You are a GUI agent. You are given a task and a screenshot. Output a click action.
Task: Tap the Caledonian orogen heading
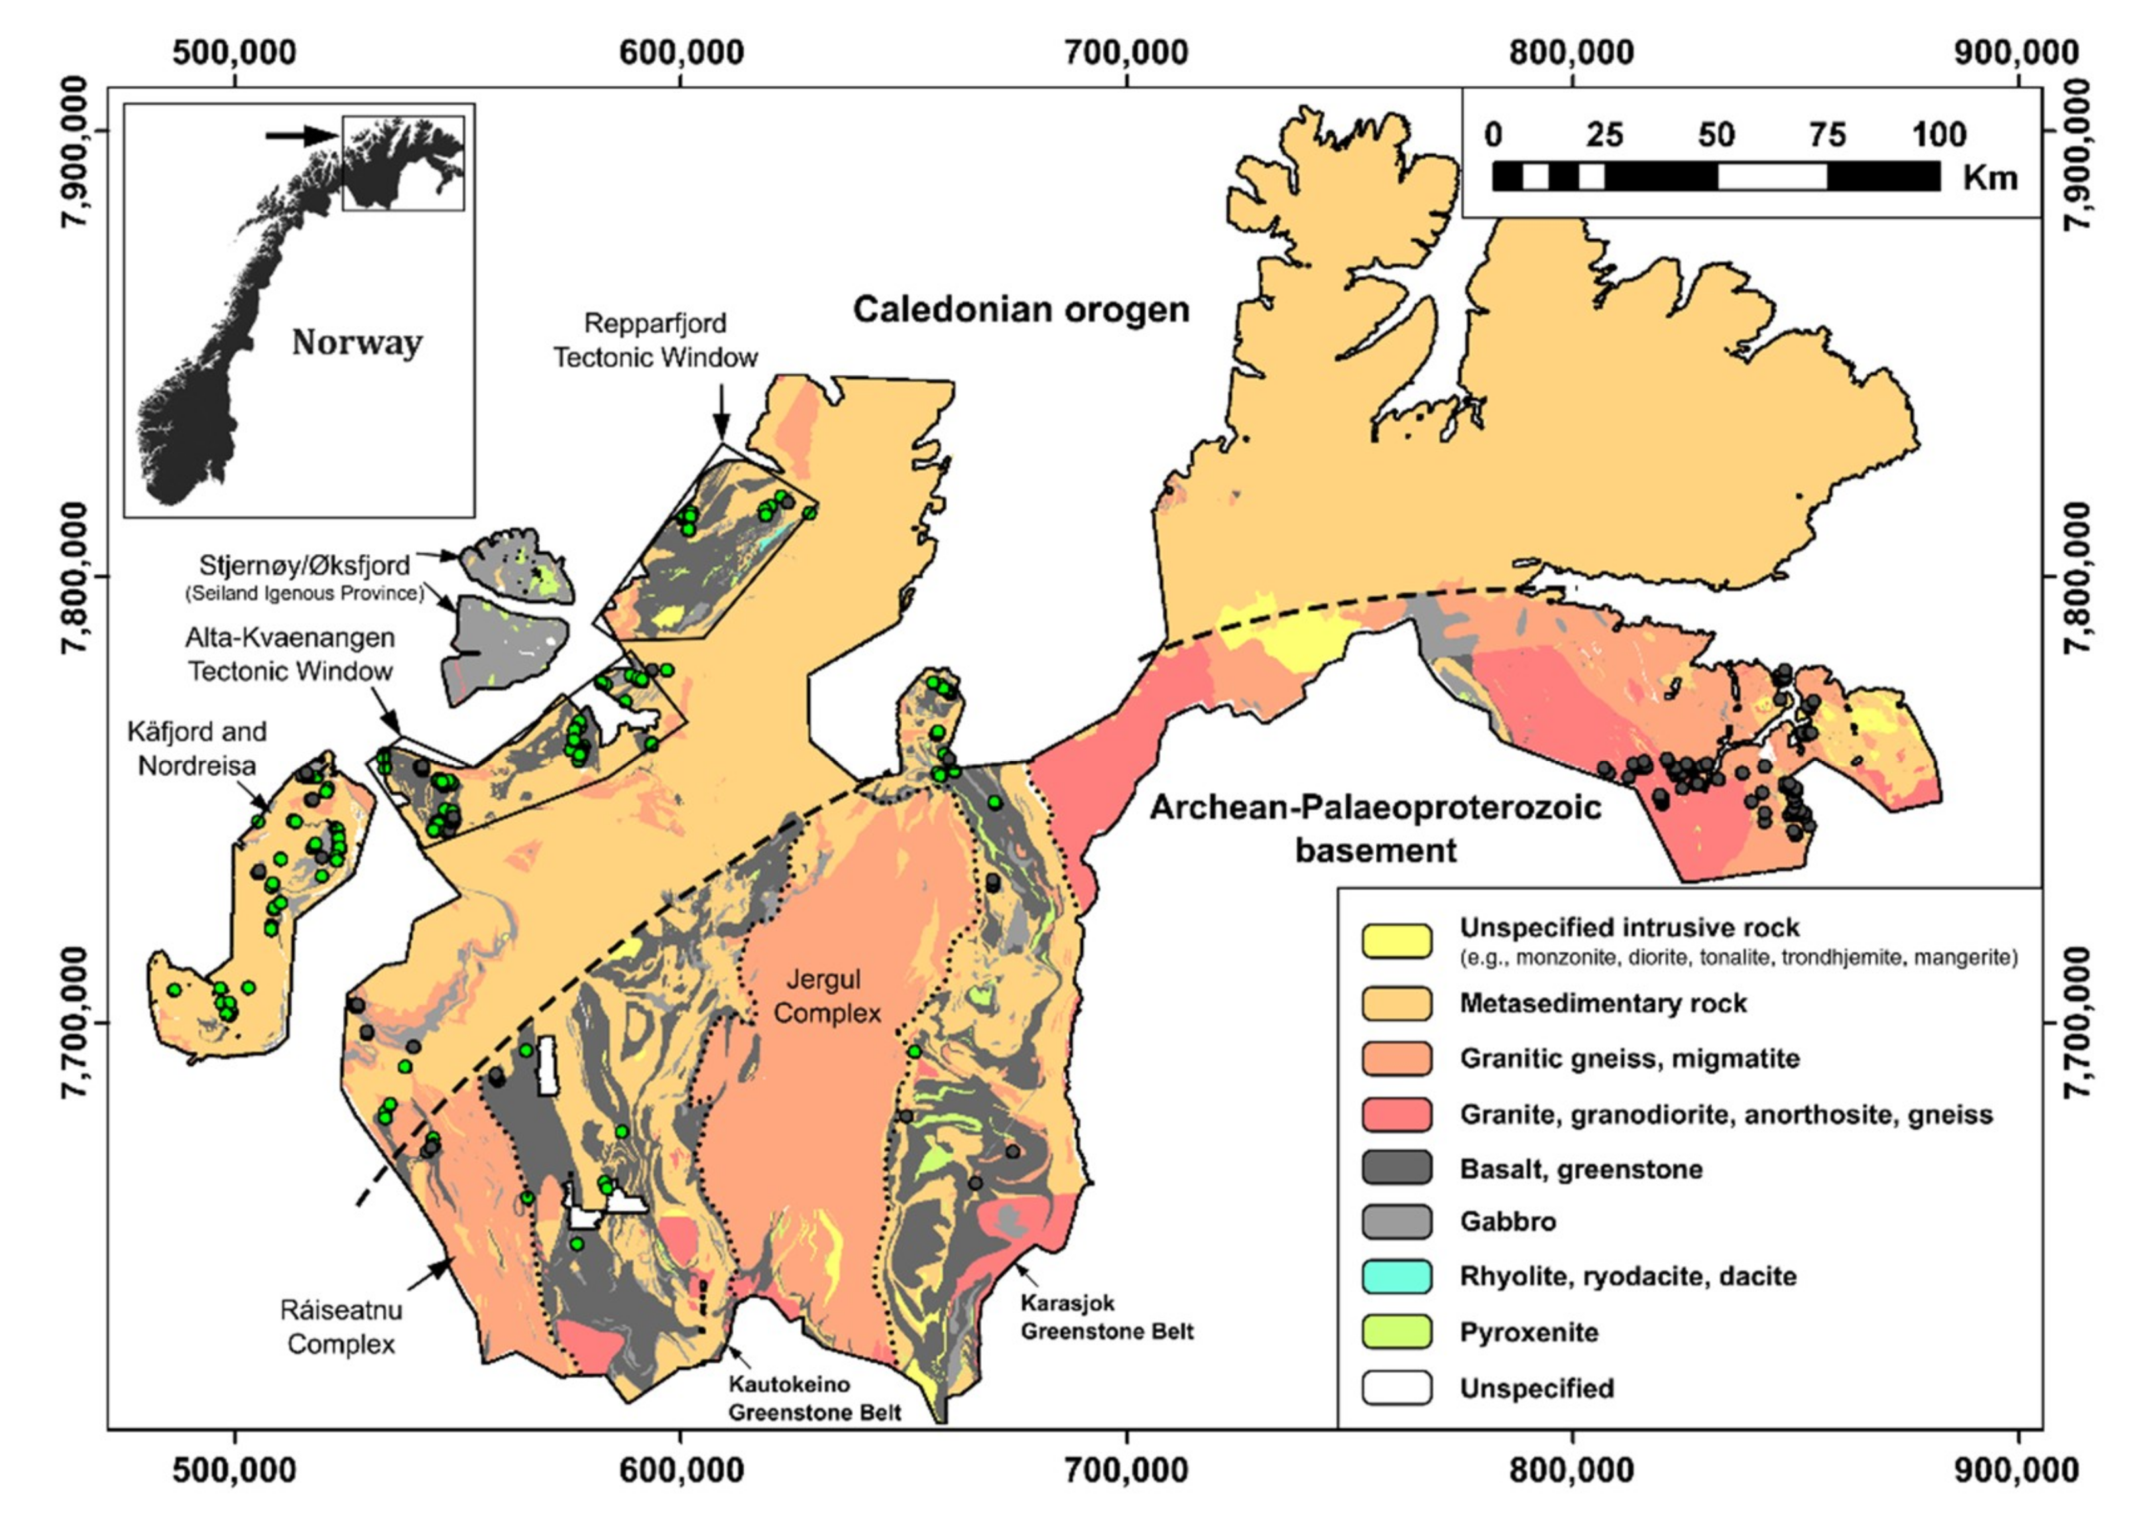pyautogui.click(x=1021, y=310)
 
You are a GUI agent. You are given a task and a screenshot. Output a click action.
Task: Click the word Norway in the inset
pyautogui.click(x=357, y=343)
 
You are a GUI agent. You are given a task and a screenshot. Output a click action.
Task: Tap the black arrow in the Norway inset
pyautogui.click(x=300, y=136)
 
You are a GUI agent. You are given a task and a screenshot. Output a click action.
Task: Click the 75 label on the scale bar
pyautogui.click(x=1826, y=135)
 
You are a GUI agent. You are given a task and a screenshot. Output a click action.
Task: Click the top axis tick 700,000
pyautogui.click(x=1126, y=52)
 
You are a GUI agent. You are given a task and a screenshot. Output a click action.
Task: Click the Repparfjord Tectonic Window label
pyautogui.click(x=656, y=340)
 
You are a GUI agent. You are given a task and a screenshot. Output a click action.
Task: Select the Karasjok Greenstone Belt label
pyautogui.click(x=1107, y=1317)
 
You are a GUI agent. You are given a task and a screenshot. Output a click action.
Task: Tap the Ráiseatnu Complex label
pyautogui.click(x=341, y=1327)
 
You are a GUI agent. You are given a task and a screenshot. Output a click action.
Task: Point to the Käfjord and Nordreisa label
pyautogui.click(x=196, y=749)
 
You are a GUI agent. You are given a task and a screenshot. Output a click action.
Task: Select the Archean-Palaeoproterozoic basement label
pyautogui.click(x=1376, y=828)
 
